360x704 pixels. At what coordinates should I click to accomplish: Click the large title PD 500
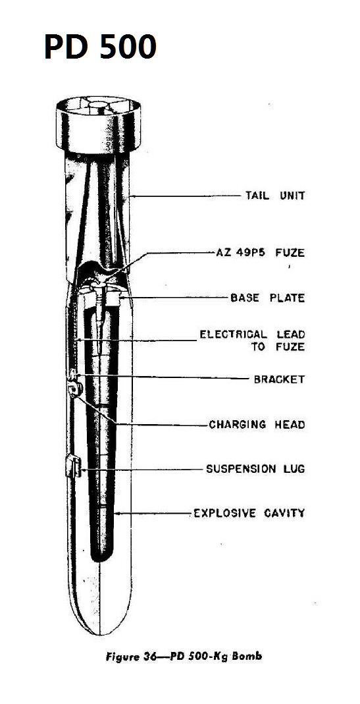(101, 47)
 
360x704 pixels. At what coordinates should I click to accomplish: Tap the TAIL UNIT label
(275, 196)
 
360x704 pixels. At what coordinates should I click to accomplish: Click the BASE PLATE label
(267, 298)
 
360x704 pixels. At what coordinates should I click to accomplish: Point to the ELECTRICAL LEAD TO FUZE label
(252, 340)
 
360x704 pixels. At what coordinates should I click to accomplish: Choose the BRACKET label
(279, 379)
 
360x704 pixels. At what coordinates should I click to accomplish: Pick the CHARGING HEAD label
(257, 424)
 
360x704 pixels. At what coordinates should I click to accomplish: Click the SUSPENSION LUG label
(255, 469)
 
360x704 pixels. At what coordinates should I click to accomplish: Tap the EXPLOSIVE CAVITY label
(249, 513)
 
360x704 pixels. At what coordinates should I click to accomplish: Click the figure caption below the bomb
(184, 657)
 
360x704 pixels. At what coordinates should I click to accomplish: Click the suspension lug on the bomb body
(73, 466)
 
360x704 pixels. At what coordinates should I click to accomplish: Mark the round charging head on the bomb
(76, 389)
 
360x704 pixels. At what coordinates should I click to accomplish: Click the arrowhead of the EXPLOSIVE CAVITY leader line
(116, 513)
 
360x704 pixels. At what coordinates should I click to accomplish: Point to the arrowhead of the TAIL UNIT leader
(130, 196)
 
